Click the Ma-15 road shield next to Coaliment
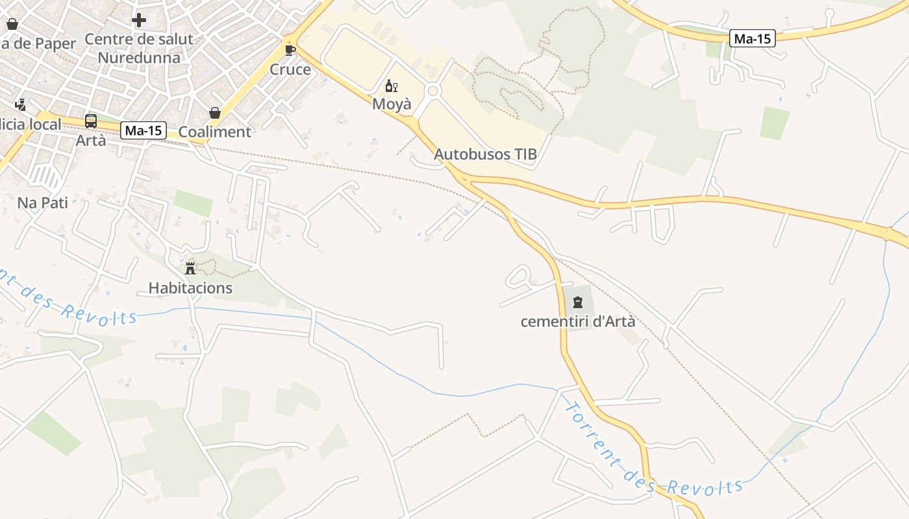[143, 130]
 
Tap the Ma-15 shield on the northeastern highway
[753, 38]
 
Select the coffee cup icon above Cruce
[290, 50]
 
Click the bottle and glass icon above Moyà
[391, 86]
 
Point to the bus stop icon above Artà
[91, 121]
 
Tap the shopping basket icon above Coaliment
[215, 113]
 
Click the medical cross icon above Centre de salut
[138, 20]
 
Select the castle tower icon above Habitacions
[190, 268]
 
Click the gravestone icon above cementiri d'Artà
[578, 302]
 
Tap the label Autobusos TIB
[485, 154]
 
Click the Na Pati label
[43, 202]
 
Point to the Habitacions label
[190, 287]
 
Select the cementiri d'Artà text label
[578, 321]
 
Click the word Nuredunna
[139, 57]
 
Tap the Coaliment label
[214, 132]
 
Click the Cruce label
[290, 69]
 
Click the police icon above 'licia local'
[20, 104]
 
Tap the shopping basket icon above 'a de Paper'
[12, 25]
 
